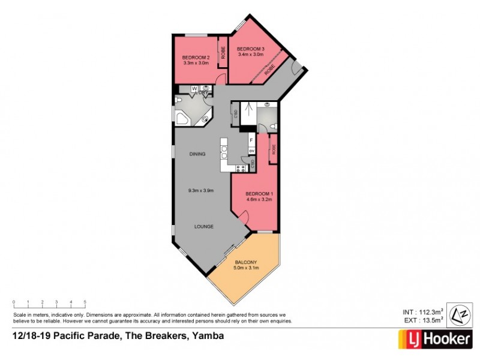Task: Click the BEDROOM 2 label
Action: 195,57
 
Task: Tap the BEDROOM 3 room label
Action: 250,49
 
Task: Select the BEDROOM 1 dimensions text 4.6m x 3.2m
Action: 259,199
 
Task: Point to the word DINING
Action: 197,154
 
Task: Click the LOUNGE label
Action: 203,226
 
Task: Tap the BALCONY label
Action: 246,262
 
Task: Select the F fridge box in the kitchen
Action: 252,140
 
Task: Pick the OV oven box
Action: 252,150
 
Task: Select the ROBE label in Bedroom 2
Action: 222,52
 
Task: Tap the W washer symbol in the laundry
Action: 194,89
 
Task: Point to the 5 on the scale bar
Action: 85,302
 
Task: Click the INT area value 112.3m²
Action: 430,312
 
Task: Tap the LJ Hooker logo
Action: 435,339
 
